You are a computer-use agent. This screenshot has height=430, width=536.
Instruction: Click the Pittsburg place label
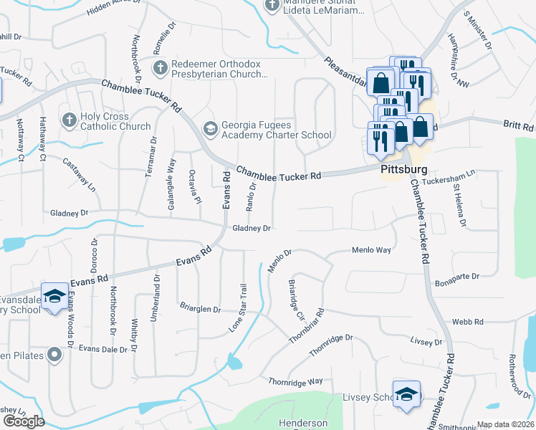(x=403, y=170)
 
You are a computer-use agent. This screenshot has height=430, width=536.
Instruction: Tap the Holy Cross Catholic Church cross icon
(x=69, y=119)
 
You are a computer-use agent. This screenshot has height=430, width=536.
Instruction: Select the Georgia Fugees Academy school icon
(x=210, y=128)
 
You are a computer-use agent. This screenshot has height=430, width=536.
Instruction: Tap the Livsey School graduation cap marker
(x=406, y=395)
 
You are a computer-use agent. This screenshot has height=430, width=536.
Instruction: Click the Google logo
(x=24, y=421)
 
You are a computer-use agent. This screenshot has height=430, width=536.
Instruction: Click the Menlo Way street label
(x=371, y=250)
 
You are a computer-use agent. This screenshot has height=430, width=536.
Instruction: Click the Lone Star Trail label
(x=238, y=306)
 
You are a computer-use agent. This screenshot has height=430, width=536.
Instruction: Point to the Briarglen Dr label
(x=200, y=309)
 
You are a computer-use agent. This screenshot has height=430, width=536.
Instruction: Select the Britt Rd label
(x=518, y=124)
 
